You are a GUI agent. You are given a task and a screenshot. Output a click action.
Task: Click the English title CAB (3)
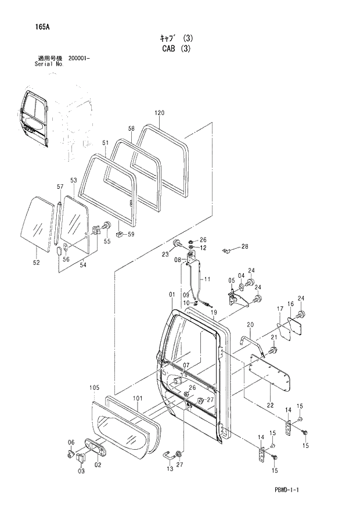pyautogui.click(x=175, y=49)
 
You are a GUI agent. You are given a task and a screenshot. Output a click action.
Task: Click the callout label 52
pyautogui.click(x=36, y=263)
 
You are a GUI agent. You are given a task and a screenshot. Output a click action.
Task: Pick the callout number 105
pyautogui.click(x=95, y=387)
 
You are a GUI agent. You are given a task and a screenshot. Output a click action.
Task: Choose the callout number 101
pyautogui.click(x=137, y=398)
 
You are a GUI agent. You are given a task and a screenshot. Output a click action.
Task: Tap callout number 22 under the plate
pyautogui.click(x=269, y=404)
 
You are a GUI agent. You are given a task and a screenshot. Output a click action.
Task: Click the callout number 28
pyautogui.click(x=244, y=246)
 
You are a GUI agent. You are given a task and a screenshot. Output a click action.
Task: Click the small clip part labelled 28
pyautogui.click(x=228, y=250)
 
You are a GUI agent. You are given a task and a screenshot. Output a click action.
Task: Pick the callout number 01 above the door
pyautogui.click(x=172, y=295)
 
